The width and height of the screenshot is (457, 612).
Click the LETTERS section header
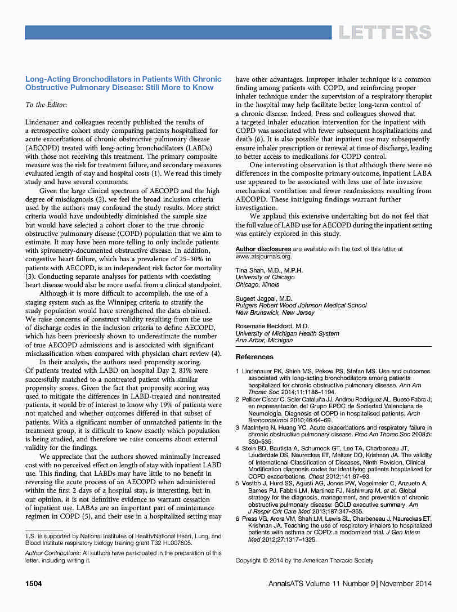(x=385, y=32)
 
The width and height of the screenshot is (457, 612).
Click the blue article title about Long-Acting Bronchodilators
(x=123, y=83)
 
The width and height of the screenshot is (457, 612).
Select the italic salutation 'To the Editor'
(x=46, y=105)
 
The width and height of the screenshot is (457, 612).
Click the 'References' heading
(x=254, y=357)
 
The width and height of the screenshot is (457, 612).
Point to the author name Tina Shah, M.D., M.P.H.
(x=269, y=270)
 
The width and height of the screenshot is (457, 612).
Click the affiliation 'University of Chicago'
(x=265, y=278)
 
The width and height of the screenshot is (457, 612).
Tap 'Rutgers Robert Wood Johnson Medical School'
(x=301, y=306)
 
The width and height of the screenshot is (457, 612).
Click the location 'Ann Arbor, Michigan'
(x=264, y=341)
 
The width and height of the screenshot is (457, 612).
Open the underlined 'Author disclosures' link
(x=263, y=249)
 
